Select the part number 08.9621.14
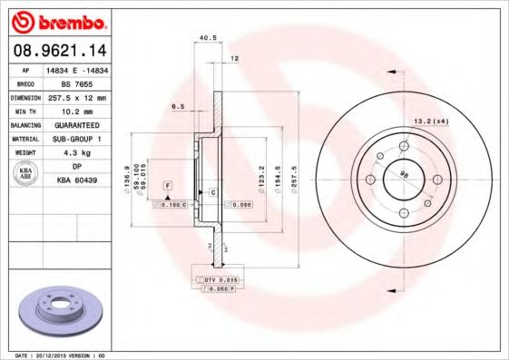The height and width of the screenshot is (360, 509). click(x=57, y=51)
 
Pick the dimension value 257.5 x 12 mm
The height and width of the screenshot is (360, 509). click(x=76, y=96)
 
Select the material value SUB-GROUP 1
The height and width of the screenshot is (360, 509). click(x=76, y=138)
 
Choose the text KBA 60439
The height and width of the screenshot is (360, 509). click(x=76, y=180)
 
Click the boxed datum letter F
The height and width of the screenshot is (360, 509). click(x=167, y=185)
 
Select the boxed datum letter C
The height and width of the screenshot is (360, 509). click(x=211, y=192)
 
